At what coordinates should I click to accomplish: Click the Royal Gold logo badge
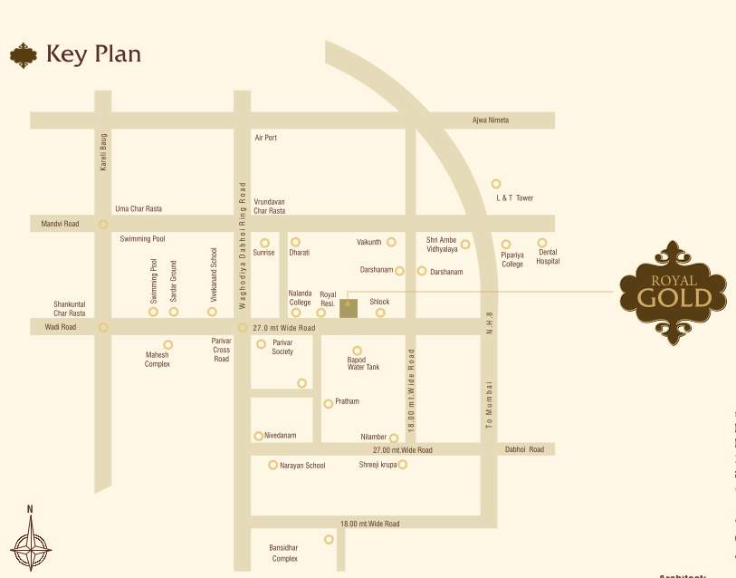(672, 290)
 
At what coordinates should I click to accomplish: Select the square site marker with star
(349, 307)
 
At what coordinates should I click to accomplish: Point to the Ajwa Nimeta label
(491, 120)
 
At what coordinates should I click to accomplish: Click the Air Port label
(265, 138)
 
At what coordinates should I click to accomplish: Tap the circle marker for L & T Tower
(496, 184)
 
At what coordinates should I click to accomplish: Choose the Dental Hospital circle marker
(542, 243)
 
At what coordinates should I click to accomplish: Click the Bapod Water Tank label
(363, 363)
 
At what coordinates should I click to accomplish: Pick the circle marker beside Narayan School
(272, 465)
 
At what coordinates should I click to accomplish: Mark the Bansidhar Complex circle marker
(329, 539)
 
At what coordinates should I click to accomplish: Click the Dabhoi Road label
(525, 449)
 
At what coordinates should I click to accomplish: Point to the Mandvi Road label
(60, 224)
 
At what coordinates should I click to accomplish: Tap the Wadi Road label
(61, 327)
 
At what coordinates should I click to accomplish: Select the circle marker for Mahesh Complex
(168, 344)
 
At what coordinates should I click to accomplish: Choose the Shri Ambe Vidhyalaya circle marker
(465, 244)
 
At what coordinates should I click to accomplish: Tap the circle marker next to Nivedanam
(258, 436)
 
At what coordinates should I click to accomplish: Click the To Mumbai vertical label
(489, 403)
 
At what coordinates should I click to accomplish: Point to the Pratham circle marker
(329, 403)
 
